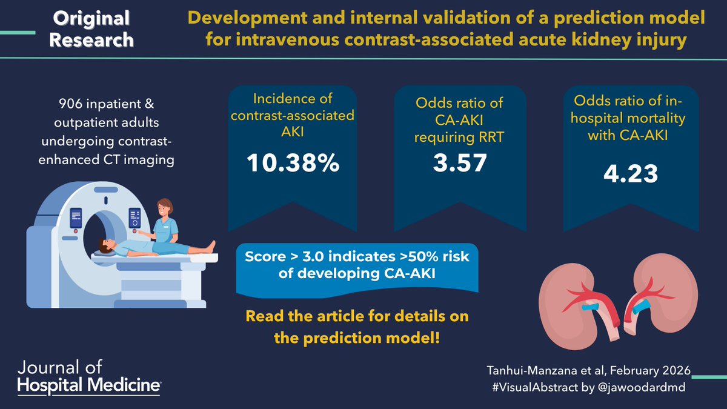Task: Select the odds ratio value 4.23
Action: click(631, 173)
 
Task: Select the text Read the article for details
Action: click(357, 316)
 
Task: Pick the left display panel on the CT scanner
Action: click(76, 218)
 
